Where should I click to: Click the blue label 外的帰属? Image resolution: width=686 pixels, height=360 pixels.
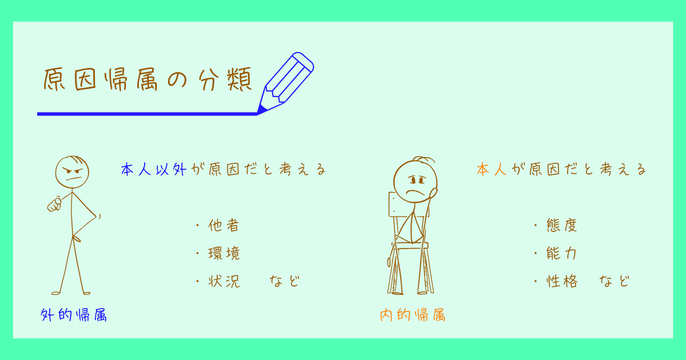click(74, 314)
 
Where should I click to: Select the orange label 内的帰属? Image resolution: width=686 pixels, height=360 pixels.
click(413, 314)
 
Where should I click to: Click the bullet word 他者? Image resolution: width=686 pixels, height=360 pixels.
click(224, 225)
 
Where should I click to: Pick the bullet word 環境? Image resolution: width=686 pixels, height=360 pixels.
click(224, 253)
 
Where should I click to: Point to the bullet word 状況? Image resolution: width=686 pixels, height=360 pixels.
click(224, 281)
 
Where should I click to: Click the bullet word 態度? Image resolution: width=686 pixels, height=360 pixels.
click(562, 225)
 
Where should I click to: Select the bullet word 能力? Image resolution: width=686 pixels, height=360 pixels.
click(562, 253)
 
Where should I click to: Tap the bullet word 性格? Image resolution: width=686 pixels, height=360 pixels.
click(562, 281)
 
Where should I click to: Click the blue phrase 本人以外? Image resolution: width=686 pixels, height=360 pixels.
click(154, 170)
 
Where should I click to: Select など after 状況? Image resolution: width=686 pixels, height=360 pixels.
click(285, 281)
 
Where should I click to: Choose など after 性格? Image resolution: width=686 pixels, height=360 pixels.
click(615, 281)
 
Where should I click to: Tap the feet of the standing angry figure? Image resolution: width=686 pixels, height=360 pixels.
click(71, 292)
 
